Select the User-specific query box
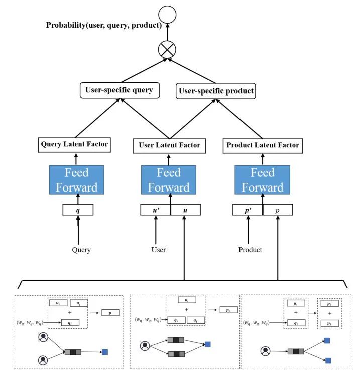click(x=119, y=90)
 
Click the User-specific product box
click(x=216, y=91)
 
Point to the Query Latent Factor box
click(x=75, y=145)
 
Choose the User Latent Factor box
click(x=169, y=145)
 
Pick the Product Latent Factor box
click(x=263, y=145)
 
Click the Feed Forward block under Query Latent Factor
click(x=76, y=180)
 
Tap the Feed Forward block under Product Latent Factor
click(x=263, y=180)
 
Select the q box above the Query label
click(x=78, y=210)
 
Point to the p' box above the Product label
click(x=248, y=210)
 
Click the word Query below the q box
click(x=81, y=250)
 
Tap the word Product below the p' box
click(x=250, y=250)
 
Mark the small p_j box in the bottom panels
click(x=328, y=323)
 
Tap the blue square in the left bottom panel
click(x=104, y=352)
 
